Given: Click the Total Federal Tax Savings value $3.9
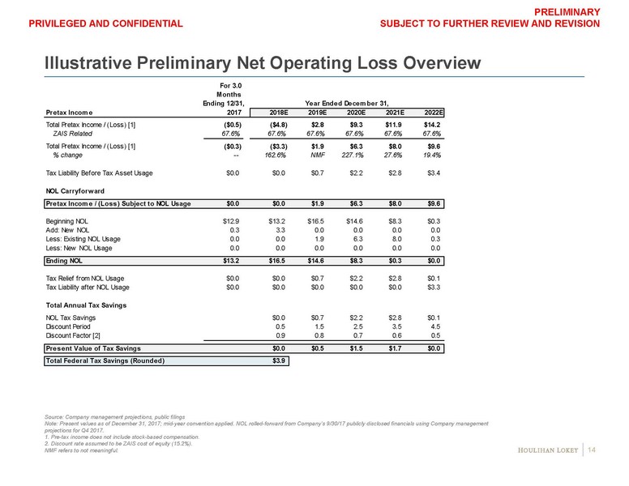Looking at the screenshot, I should pyautogui.click(x=276, y=361).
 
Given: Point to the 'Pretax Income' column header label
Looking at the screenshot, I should pyautogui.click(x=69, y=112).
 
